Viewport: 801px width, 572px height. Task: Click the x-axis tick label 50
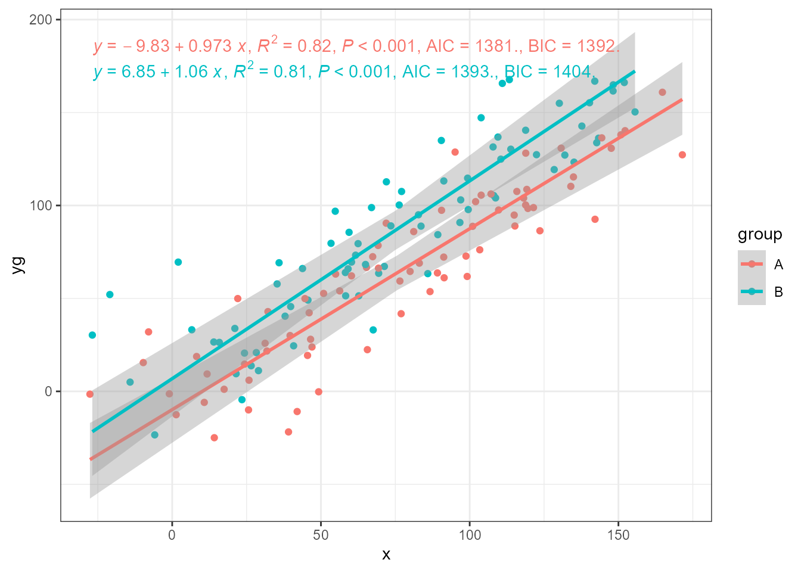tap(321, 535)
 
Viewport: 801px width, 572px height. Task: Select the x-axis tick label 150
tap(618, 535)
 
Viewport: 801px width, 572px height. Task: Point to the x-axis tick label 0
tap(172, 535)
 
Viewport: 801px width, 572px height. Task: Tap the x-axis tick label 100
tap(470, 535)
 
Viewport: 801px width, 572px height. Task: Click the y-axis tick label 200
tap(40, 20)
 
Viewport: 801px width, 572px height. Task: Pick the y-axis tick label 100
tap(40, 206)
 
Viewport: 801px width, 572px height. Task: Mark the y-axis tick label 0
tap(48, 391)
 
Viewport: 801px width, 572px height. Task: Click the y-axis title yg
tap(19, 265)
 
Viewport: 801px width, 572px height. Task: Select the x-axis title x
tap(386, 555)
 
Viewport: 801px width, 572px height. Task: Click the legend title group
tap(760, 235)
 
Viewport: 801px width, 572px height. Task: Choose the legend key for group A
tap(752, 264)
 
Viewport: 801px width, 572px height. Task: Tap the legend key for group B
tap(752, 291)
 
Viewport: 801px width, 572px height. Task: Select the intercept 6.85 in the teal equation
tap(139, 72)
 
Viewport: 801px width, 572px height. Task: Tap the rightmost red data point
tap(682, 155)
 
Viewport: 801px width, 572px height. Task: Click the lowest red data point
tap(214, 438)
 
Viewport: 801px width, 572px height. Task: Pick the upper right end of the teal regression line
tap(635, 71)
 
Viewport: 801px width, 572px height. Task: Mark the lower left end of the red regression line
tap(90, 459)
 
